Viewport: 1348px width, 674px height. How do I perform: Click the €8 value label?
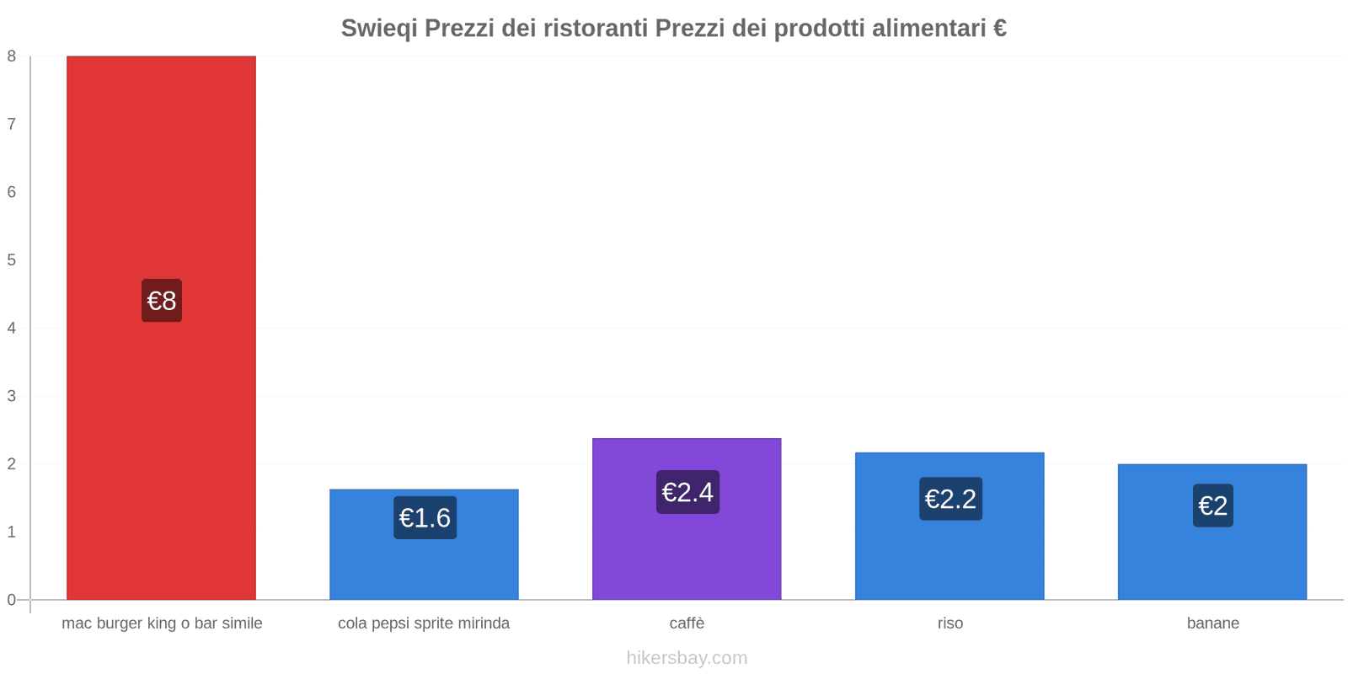pos(162,301)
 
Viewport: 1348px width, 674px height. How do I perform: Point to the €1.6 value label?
pos(425,517)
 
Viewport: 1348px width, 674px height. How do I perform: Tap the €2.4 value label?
pos(687,492)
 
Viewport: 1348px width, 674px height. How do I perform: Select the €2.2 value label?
pos(950,499)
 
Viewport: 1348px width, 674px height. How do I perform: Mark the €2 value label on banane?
pos(1212,505)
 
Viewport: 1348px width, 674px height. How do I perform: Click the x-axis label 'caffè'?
pos(687,623)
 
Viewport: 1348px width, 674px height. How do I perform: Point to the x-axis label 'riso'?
pos(949,623)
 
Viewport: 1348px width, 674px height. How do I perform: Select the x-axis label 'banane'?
pos(1212,623)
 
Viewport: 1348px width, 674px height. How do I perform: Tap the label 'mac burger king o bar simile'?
pos(162,623)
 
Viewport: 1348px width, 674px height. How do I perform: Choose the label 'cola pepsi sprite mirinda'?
pos(424,623)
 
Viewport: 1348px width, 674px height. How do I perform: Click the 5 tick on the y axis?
pos(12,260)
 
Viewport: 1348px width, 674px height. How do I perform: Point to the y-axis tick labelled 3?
pos(12,396)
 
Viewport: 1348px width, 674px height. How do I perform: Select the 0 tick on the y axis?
pos(12,600)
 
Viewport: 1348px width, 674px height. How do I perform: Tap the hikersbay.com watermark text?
pos(687,658)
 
